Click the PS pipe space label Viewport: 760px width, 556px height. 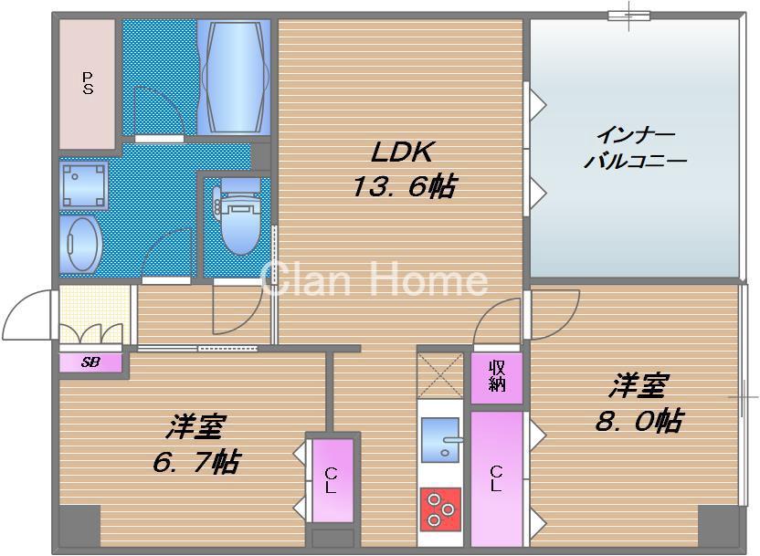[x=88, y=83]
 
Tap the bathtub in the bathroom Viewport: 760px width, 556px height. [x=235, y=77]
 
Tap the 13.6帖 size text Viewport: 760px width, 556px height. [x=403, y=187]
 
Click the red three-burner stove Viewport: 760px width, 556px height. [x=440, y=509]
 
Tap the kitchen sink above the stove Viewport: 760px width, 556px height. [x=440, y=439]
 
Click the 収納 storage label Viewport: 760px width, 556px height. [x=497, y=375]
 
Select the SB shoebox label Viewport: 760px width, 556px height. [x=90, y=362]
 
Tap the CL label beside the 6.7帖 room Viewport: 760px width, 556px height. [x=330, y=480]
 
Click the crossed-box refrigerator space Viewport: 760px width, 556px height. [x=440, y=374]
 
